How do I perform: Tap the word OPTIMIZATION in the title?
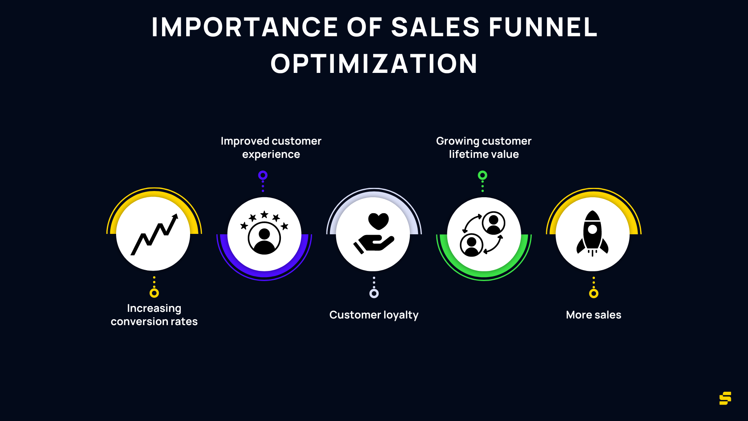point(374,64)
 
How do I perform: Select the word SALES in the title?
point(435,27)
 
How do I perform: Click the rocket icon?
point(593,233)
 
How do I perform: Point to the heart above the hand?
point(378,221)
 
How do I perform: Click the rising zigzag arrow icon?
point(154,234)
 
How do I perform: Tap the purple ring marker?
point(263,175)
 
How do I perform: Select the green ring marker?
point(483,175)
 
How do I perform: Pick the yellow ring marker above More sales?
point(594,294)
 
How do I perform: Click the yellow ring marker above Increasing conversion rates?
point(154,293)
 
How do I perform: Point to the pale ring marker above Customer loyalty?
point(374,294)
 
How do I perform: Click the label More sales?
point(593,315)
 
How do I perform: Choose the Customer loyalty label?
point(374,315)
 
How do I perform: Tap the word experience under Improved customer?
point(271,155)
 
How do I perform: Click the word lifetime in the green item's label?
point(466,154)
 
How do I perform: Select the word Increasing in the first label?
point(154,308)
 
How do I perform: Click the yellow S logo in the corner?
point(725,398)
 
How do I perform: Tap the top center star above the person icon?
point(265,214)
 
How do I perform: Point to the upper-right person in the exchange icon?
point(494,223)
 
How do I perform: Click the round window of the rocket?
point(593,229)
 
